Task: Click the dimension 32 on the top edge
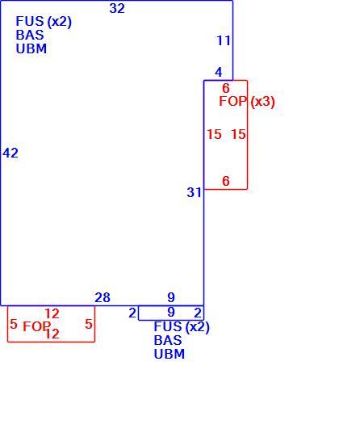(117, 8)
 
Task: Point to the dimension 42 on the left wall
(10, 153)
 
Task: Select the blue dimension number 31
(194, 192)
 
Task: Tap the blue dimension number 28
(103, 297)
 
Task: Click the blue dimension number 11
(224, 40)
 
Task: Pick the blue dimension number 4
(219, 72)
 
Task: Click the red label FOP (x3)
(247, 102)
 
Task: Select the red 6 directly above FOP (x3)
(226, 88)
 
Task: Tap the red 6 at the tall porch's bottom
(226, 181)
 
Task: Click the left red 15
(214, 134)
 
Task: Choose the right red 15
(239, 134)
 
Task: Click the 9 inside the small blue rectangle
(171, 313)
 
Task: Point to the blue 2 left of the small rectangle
(132, 313)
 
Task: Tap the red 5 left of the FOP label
(14, 324)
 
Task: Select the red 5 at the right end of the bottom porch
(89, 324)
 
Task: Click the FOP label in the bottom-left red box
(37, 326)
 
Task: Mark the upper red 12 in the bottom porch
(52, 314)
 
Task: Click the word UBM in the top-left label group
(31, 48)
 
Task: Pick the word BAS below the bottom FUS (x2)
(168, 340)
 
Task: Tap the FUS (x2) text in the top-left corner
(44, 22)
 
